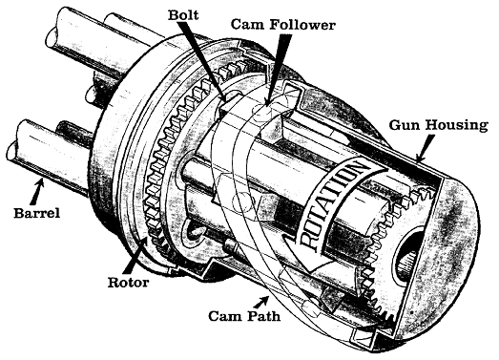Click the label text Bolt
tap(183, 15)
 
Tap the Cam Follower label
tap(282, 25)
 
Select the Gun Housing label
tap(438, 125)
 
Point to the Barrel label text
tap(36, 213)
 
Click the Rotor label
tap(128, 283)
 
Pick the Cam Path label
tap(244, 316)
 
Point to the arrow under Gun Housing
tap(425, 147)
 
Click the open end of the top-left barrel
tap(52, 36)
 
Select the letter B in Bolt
tap(173, 15)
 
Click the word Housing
tap(457, 125)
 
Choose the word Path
tap(263, 316)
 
